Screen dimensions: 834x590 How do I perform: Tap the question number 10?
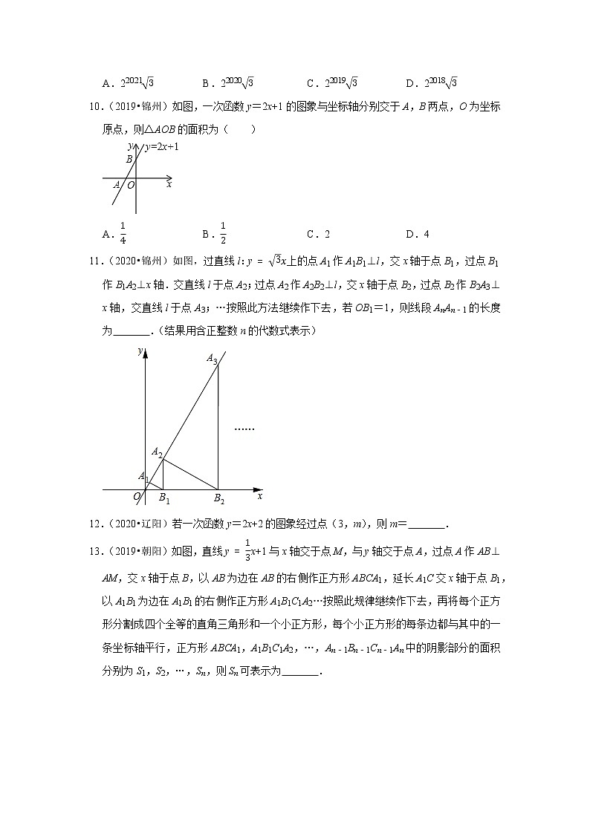point(94,107)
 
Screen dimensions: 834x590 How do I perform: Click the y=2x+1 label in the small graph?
point(161,147)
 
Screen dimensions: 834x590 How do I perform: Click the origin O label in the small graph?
point(131,185)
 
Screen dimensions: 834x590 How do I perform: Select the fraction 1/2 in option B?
point(223,233)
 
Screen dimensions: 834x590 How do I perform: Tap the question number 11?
point(94,282)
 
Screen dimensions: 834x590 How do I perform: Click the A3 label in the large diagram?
point(212,359)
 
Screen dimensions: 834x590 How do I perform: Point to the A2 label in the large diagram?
point(157,452)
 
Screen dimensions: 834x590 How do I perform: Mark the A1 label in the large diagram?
point(143,476)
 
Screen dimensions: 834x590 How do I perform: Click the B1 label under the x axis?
point(164,498)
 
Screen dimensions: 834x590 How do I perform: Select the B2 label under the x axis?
point(219,498)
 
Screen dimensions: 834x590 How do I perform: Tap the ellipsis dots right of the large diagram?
point(244,429)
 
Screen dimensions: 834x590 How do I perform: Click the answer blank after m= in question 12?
point(427,524)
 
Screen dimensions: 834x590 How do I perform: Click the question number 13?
point(94,550)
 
